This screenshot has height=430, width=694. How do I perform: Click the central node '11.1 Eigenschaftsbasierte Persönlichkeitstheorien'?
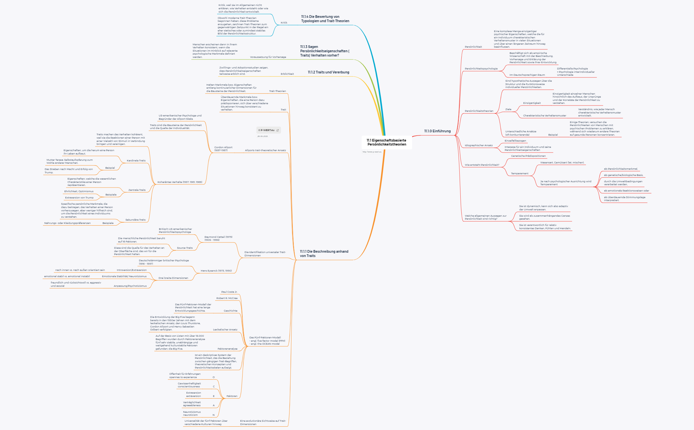pyautogui.click(x=386, y=142)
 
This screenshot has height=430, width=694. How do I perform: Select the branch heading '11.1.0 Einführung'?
pyautogui.click(x=437, y=131)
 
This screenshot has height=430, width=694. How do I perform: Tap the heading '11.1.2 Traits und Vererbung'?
pyautogui.click(x=328, y=72)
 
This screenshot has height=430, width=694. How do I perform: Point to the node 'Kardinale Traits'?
pyautogui.click(x=136, y=160)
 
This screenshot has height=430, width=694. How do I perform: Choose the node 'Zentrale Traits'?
pyautogui.click(x=137, y=190)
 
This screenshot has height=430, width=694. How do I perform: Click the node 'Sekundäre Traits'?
pyautogui.click(x=135, y=220)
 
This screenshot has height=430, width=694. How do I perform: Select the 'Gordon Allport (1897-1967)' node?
pyautogui.click(x=223, y=149)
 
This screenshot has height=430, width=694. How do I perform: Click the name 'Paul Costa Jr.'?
pyautogui.click(x=229, y=292)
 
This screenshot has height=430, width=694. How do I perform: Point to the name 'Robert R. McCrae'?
pyautogui.click(x=227, y=298)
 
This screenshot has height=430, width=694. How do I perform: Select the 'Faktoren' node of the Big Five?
pyautogui.click(x=232, y=396)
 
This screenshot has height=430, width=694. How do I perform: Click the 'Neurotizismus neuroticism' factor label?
pyautogui.click(x=192, y=413)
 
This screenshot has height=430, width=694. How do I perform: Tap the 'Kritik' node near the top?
pyautogui.click(x=284, y=22)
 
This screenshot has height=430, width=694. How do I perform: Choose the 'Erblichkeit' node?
pyautogui.click(x=287, y=74)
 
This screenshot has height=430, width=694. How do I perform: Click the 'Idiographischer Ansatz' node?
pyautogui.click(x=479, y=145)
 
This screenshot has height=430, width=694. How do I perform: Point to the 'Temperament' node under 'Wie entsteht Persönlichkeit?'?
pyautogui.click(x=520, y=173)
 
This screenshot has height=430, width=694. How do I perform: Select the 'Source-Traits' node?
pyautogui.click(x=185, y=248)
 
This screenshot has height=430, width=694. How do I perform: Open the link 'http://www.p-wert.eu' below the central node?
pyautogui.click(x=372, y=152)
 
